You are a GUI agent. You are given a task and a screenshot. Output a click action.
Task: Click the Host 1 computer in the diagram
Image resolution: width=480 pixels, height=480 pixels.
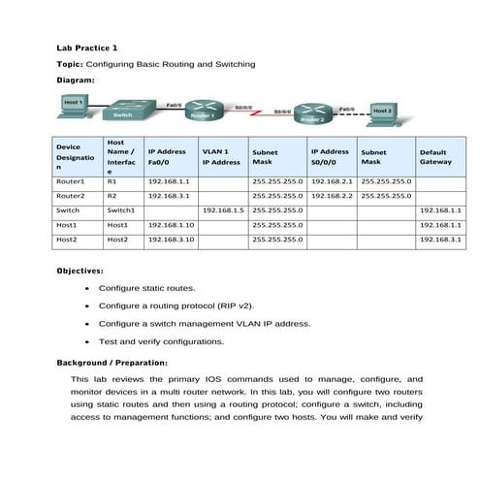73,104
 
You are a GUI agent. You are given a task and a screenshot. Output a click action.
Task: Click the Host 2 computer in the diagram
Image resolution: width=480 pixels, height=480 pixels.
382,112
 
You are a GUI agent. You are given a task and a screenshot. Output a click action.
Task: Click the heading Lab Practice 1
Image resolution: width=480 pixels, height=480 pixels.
87,48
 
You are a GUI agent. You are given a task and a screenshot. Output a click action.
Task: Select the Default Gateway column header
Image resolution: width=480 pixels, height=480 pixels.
435,157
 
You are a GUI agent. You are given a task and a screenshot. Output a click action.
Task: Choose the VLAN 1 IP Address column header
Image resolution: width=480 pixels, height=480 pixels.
221,157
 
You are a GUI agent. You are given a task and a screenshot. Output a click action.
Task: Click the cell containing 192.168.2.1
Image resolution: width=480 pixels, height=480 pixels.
332,181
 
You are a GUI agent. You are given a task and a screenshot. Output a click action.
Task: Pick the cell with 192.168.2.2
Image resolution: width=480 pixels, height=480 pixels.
332,195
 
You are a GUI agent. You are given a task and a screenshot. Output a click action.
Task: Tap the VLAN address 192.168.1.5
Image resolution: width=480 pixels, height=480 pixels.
221,209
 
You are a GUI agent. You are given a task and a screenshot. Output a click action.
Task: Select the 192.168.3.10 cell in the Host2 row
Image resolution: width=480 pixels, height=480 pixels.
171,239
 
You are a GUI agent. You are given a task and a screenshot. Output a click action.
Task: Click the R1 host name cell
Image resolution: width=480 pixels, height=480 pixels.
112,181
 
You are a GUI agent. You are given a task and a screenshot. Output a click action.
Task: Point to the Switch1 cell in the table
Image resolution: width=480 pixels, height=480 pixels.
120,209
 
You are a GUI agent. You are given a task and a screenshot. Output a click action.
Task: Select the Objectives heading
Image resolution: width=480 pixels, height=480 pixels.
80,272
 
